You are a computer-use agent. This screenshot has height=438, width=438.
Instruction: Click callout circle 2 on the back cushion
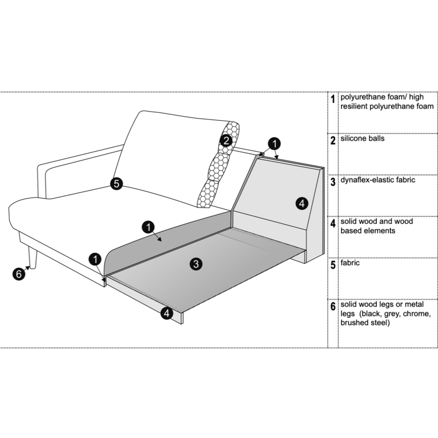tap(226, 140)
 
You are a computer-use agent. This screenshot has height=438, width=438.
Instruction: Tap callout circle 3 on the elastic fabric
tap(196, 264)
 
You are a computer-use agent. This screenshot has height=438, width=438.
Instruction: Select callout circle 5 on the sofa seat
tap(116, 183)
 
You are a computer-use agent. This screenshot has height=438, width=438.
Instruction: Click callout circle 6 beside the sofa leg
tap(18, 274)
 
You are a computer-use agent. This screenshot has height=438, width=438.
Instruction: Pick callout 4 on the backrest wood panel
tap(302, 203)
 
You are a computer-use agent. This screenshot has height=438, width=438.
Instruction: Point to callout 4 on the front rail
tap(166, 313)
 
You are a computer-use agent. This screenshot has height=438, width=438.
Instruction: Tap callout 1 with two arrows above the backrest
tap(274, 144)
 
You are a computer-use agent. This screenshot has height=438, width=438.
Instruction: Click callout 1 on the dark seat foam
tap(148, 227)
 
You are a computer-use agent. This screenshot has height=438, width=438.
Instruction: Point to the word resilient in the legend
tap(354, 107)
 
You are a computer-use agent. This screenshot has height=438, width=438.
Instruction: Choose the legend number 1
tap(333, 99)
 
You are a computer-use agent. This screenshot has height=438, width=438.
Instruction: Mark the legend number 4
tap(333, 223)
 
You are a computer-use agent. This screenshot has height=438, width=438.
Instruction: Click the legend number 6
tap(333, 307)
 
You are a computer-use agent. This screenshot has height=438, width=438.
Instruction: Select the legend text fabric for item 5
tap(350, 263)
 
